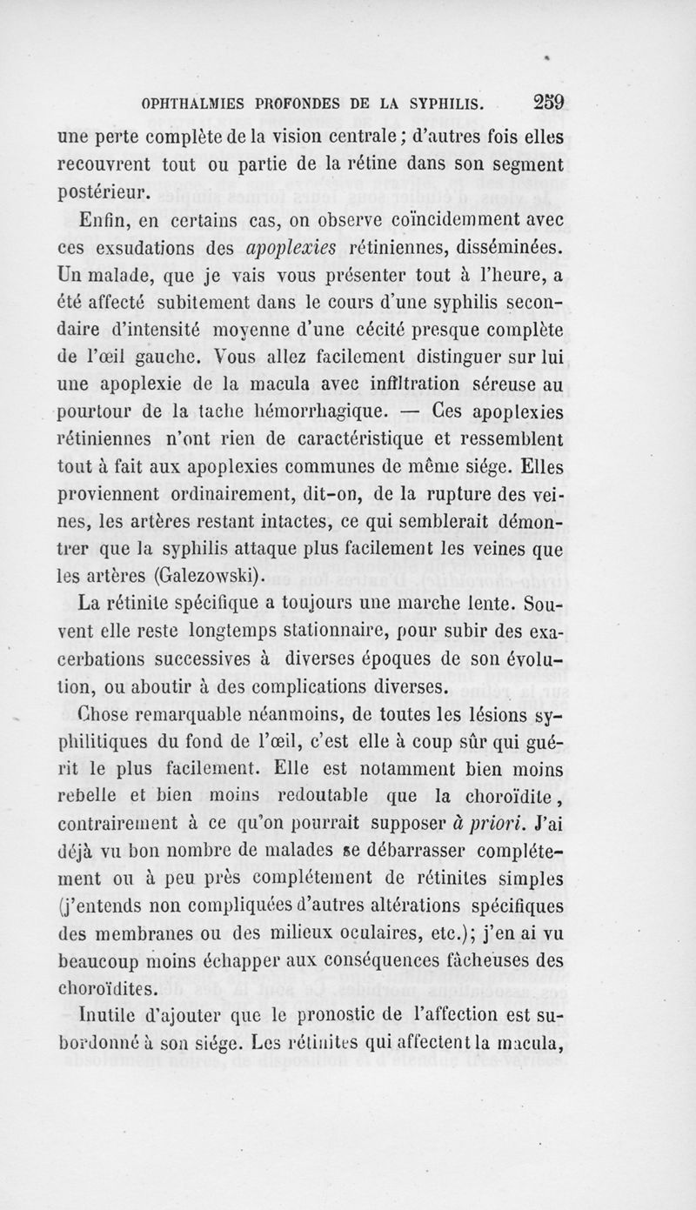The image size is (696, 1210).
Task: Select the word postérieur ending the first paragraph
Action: click(106, 191)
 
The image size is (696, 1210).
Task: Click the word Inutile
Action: click(88, 1013)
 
